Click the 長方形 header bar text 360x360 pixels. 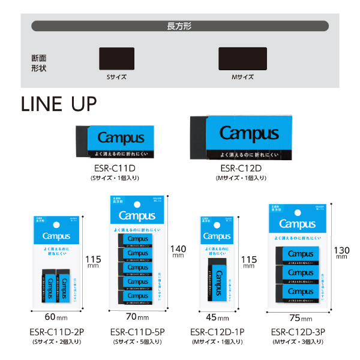pyautogui.click(x=179, y=26)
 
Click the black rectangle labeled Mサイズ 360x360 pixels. pyautogui.click(x=242, y=59)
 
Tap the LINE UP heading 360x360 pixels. pyautogui.click(x=58, y=103)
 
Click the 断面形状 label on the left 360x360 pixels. pyautogui.click(x=39, y=63)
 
